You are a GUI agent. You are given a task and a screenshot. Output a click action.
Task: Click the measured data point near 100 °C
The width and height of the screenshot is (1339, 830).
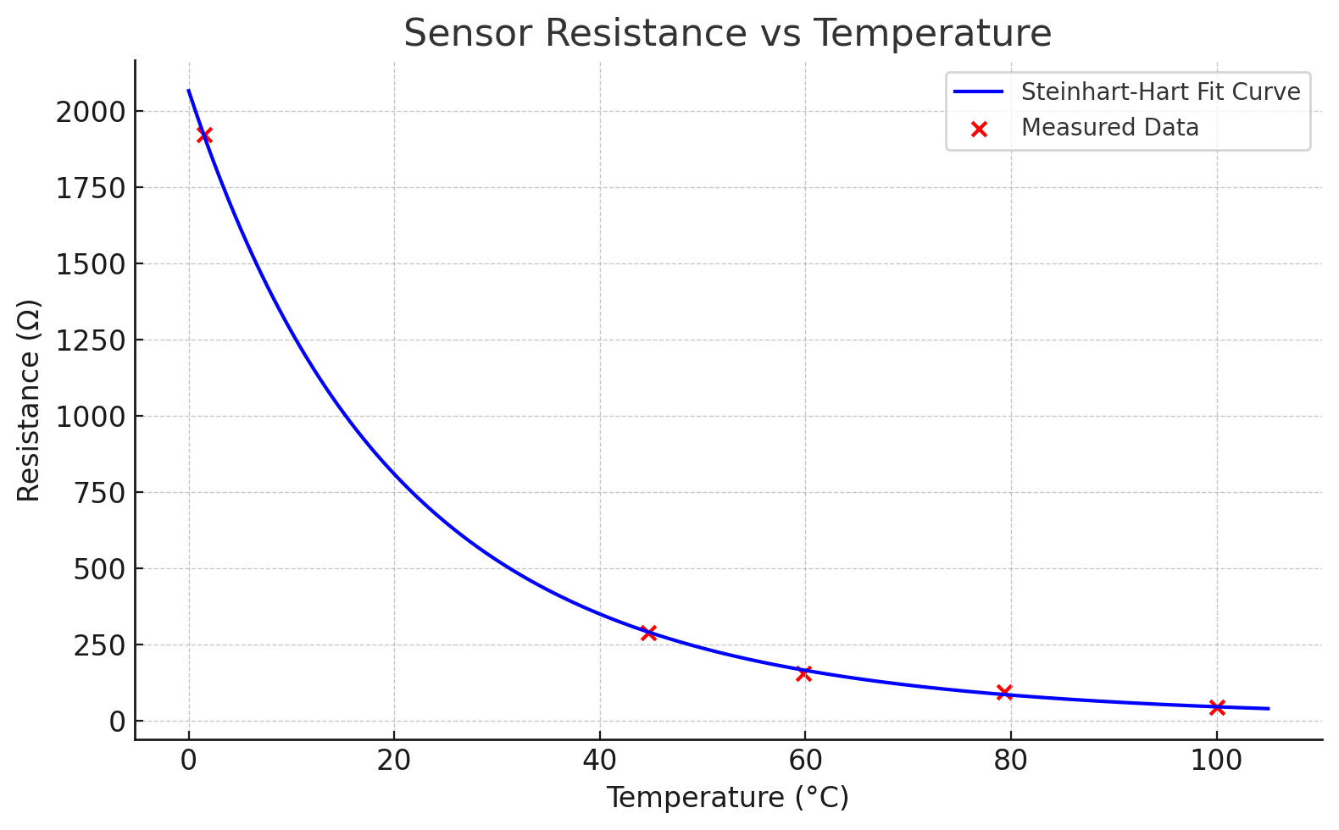(x=1217, y=707)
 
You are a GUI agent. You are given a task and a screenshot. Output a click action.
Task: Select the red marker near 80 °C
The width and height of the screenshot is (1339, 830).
(x=1004, y=692)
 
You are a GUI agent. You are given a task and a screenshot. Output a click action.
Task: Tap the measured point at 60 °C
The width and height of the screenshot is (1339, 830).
(x=804, y=673)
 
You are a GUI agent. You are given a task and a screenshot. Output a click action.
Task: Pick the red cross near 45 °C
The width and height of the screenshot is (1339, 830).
(x=649, y=633)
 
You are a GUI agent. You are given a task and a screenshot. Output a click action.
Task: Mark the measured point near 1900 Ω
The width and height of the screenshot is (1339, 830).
(x=204, y=136)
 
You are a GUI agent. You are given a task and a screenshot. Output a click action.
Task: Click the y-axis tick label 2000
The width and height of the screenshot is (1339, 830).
(x=90, y=112)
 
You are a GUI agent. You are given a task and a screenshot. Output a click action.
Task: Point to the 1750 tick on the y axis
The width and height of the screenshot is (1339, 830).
(x=90, y=188)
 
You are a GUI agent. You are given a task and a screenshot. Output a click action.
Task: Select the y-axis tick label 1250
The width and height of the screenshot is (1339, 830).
(x=90, y=340)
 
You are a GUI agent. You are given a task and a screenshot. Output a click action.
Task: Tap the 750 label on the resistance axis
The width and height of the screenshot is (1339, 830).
(x=99, y=493)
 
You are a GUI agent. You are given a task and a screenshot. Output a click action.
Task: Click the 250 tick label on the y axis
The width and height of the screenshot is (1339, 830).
(x=99, y=645)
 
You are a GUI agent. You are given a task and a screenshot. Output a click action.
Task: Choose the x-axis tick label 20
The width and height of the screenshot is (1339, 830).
(x=394, y=761)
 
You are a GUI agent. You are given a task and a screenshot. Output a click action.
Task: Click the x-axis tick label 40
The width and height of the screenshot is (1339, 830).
(x=600, y=761)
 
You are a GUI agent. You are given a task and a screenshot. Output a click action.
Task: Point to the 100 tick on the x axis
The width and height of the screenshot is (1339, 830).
(x=1217, y=761)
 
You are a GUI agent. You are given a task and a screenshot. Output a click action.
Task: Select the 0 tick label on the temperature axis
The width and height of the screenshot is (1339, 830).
(x=189, y=761)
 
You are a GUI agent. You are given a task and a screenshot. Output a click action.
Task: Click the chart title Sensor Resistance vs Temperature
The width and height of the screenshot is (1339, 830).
(x=727, y=34)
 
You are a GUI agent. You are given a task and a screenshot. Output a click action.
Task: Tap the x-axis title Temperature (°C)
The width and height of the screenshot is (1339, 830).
(x=727, y=798)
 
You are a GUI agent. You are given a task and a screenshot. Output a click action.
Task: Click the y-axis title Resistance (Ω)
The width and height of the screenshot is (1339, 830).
(x=29, y=400)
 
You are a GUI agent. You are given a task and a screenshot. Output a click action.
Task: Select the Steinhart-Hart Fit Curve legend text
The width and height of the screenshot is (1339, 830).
(x=1160, y=91)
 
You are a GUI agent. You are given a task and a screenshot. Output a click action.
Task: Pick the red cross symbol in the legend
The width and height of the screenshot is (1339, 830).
(x=979, y=129)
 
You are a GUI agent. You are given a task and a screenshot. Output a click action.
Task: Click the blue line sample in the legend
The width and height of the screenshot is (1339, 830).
(x=979, y=91)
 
